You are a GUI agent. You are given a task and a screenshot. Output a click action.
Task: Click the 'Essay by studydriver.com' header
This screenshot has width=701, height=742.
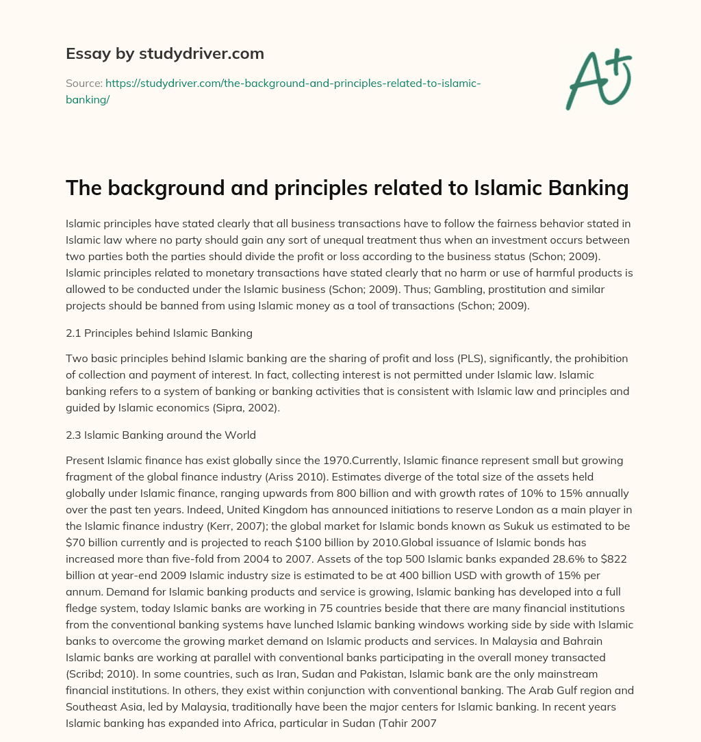click(164, 53)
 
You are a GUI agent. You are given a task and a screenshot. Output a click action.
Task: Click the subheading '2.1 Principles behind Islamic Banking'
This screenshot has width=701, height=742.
click(159, 333)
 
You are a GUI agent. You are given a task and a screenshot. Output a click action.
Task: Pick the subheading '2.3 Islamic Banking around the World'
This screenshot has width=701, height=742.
click(160, 435)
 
